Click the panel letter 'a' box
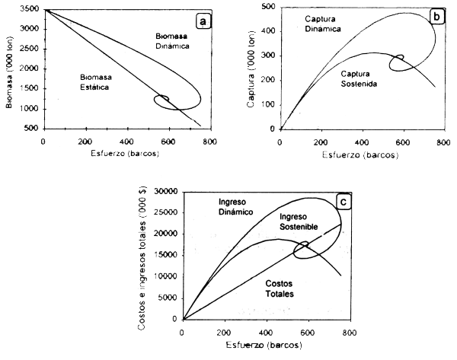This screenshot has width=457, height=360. click(x=203, y=21)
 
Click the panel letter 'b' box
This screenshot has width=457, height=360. click(x=436, y=18)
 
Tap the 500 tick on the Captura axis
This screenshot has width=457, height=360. click(x=267, y=7)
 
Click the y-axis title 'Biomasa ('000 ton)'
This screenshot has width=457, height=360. click(x=8, y=69)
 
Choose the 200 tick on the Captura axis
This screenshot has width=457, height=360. click(x=267, y=80)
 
